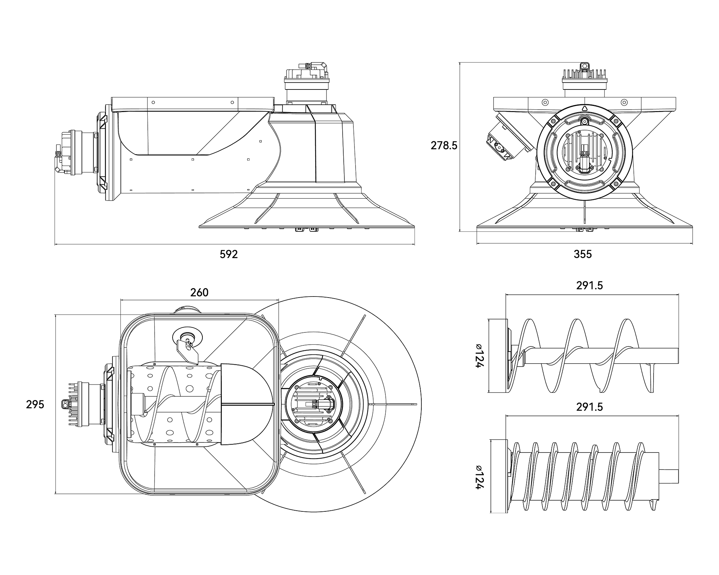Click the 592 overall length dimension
tap(229, 254)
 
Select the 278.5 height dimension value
tap(444, 146)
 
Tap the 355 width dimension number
tap(583, 254)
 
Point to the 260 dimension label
tap(199, 293)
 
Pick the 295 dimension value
tap(35, 404)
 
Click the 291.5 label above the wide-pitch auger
tap(590, 285)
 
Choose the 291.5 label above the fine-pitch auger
tap(590, 407)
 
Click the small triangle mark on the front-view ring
tap(584, 109)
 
